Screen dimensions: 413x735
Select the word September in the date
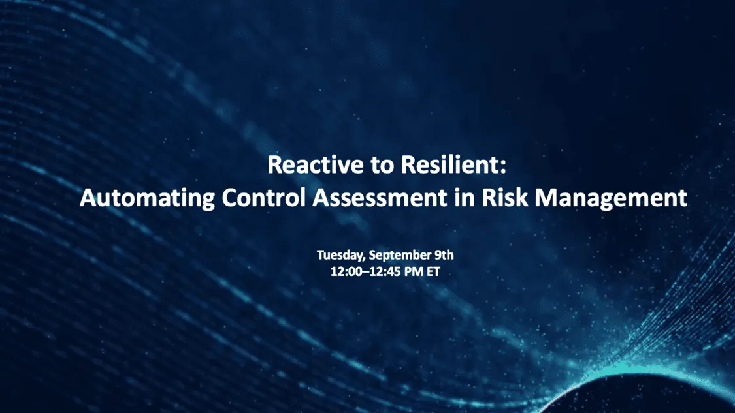pyautogui.click(x=397, y=255)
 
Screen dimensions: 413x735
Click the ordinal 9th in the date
pyautogui.click(x=444, y=255)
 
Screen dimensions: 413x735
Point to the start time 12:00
pyautogui.click(x=345, y=271)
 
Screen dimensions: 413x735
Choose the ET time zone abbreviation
pyautogui.click(x=433, y=271)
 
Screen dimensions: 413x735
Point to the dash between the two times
pyautogui.click(x=364, y=272)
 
